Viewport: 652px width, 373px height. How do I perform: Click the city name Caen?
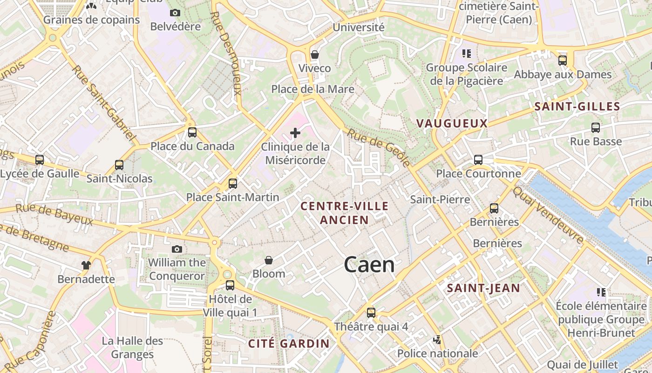(x=369, y=265)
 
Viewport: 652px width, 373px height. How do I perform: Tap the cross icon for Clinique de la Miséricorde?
(x=295, y=133)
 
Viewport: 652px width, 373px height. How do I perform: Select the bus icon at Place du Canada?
(x=192, y=132)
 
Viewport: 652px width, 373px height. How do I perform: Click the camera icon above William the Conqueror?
(x=177, y=249)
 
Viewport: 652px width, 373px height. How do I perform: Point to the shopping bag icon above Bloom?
(x=269, y=260)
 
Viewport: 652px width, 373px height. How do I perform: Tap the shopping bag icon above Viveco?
(x=315, y=55)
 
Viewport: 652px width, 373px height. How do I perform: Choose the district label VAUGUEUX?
(x=452, y=124)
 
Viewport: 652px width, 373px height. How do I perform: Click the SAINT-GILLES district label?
(x=577, y=107)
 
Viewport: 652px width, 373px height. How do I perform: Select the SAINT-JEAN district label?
(x=483, y=288)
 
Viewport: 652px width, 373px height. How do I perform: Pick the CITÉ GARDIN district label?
(x=289, y=344)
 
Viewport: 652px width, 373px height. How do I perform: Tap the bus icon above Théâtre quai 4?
(x=371, y=313)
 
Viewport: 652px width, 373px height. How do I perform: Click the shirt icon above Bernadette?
(x=86, y=265)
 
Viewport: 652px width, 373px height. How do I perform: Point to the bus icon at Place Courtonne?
(x=478, y=160)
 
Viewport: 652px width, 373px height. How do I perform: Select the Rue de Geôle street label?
(x=380, y=147)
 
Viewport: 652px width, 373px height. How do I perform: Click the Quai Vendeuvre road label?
(x=548, y=215)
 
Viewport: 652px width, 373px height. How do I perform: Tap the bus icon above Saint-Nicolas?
(x=119, y=165)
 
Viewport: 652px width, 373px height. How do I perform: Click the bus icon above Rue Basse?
(x=595, y=127)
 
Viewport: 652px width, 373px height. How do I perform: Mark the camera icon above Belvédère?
(x=175, y=13)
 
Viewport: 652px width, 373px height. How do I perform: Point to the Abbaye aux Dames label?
(x=563, y=75)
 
